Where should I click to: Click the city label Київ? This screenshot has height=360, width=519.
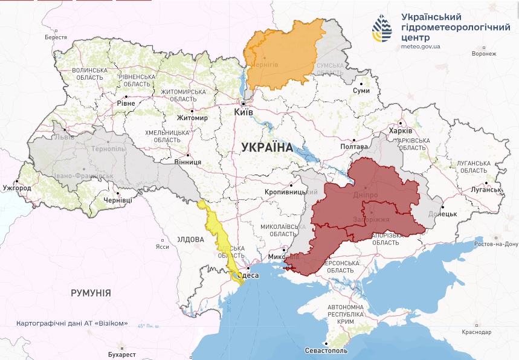[x=244, y=112]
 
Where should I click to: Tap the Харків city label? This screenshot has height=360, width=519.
[x=401, y=130]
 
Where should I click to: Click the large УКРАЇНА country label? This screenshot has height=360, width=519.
[x=266, y=147]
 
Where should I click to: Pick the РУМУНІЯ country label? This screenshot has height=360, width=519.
[x=91, y=293]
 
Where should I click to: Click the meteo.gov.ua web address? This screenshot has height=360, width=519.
[x=421, y=46]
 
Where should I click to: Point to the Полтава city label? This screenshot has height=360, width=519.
[x=354, y=147]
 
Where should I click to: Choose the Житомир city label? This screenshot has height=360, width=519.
[x=192, y=118]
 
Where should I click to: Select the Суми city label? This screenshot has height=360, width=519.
[x=361, y=91]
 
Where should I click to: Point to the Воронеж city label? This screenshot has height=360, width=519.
[x=484, y=53]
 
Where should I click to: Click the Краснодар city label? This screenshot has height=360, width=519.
[x=477, y=332]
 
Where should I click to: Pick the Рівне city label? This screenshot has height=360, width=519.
[x=126, y=104]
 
